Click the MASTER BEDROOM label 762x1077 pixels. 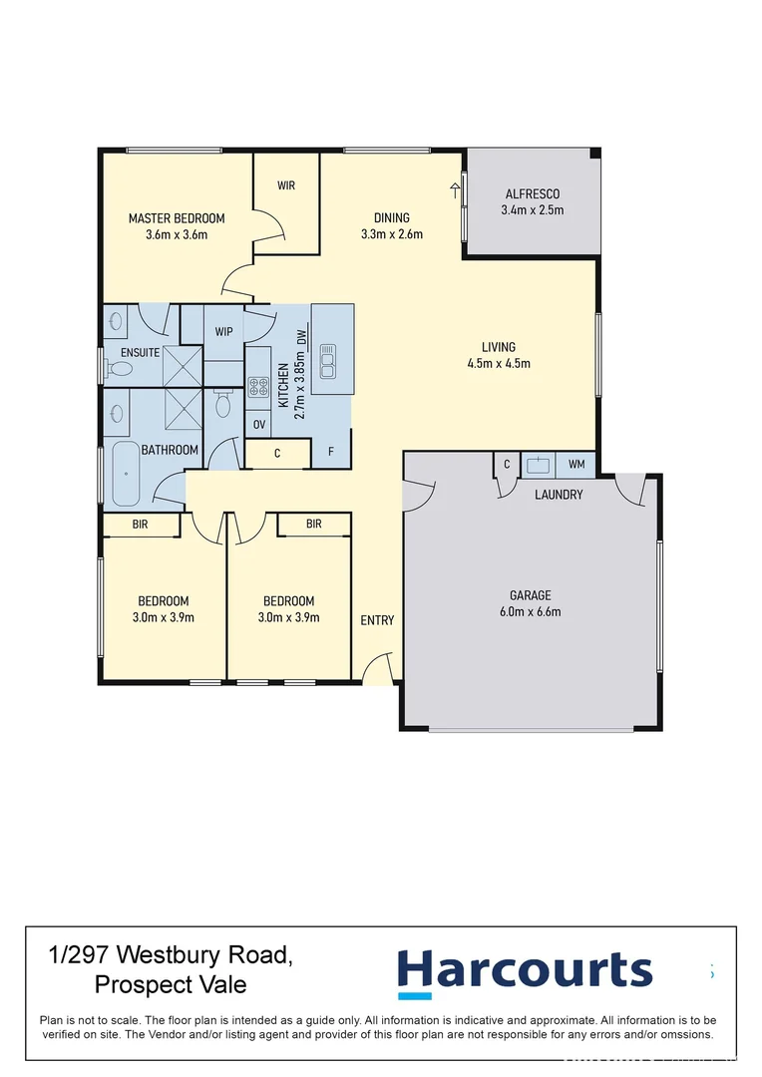tap(177, 218)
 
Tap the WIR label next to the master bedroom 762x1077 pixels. tap(286, 185)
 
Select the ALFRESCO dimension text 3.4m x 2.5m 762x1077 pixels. tap(532, 210)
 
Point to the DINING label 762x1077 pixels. tap(392, 218)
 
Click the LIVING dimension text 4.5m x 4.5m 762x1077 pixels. tap(499, 363)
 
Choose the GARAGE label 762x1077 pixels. tap(530, 595)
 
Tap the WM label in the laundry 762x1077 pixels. tap(576, 464)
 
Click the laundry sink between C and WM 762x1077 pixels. tap(540, 464)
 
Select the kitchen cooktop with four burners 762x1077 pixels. tap(259, 387)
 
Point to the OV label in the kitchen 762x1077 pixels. tap(258, 424)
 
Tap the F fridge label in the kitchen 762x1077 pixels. tap(331, 452)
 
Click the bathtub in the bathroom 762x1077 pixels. tap(125, 475)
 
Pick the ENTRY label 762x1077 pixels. tap(377, 620)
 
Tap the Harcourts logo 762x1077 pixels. tap(525, 971)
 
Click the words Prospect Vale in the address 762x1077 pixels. tap(171, 985)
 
